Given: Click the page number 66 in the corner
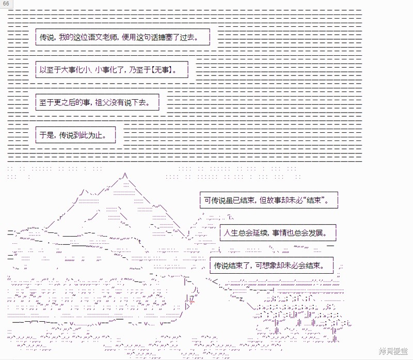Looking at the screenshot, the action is pyautogui.click(x=6, y=4).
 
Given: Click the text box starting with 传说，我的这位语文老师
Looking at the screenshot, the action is pyautogui.click(x=123, y=37).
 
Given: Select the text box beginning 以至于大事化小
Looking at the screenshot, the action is pyautogui.click(x=112, y=70).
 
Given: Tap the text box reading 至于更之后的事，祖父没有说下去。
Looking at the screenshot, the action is pyautogui.click(x=98, y=102).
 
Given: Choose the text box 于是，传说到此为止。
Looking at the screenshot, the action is pyautogui.click(x=75, y=135).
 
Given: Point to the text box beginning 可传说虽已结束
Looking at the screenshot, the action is pyautogui.click(x=269, y=200).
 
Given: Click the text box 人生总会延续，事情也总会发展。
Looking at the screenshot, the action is pyautogui.click(x=278, y=233).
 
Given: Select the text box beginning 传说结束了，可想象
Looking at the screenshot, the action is pyautogui.click(x=272, y=265).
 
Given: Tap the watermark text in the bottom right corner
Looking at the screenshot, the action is pyautogui.click(x=393, y=351).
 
